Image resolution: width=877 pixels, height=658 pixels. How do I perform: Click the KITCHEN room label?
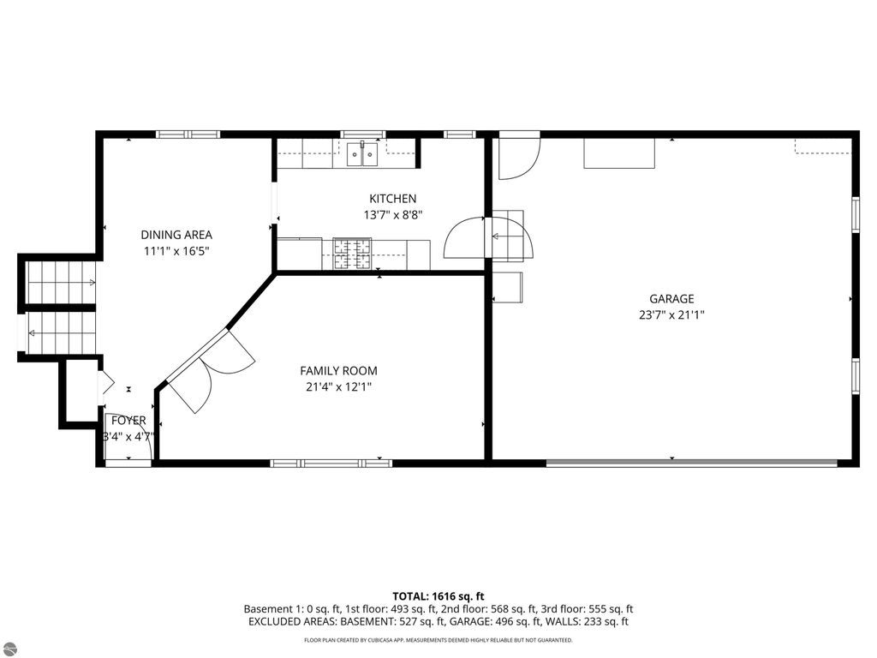pyautogui.click(x=392, y=199)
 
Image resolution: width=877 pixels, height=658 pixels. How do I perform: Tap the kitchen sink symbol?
pyautogui.click(x=363, y=155)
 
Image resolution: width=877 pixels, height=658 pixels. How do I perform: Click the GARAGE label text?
pyautogui.click(x=671, y=299)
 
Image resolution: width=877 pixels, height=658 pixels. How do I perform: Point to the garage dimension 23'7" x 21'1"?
pyautogui.click(x=671, y=314)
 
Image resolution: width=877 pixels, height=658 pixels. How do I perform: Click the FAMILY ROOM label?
pyautogui.click(x=338, y=371)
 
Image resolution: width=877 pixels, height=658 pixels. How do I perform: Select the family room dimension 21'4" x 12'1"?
pyautogui.click(x=338, y=386)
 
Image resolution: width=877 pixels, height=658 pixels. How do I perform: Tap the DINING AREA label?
pyautogui.click(x=176, y=235)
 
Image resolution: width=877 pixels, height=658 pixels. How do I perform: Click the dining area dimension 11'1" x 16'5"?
pyautogui.click(x=176, y=251)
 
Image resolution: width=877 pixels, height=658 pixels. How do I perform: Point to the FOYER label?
pyautogui.click(x=128, y=421)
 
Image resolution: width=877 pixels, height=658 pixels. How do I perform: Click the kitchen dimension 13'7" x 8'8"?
pyautogui.click(x=393, y=215)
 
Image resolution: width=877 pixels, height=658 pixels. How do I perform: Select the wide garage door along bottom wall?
pyautogui.click(x=691, y=464)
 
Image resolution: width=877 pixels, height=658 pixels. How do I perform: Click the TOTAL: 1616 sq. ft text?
pyautogui.click(x=438, y=595)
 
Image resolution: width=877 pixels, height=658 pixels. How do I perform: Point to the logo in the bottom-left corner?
pyautogui.click(x=9, y=648)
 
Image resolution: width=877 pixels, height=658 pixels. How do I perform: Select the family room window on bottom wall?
pyautogui.click(x=331, y=464)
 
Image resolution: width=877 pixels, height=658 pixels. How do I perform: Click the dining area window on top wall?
pyautogui.click(x=188, y=135)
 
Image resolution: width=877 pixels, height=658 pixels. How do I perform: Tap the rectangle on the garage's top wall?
pyautogui.click(x=619, y=153)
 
